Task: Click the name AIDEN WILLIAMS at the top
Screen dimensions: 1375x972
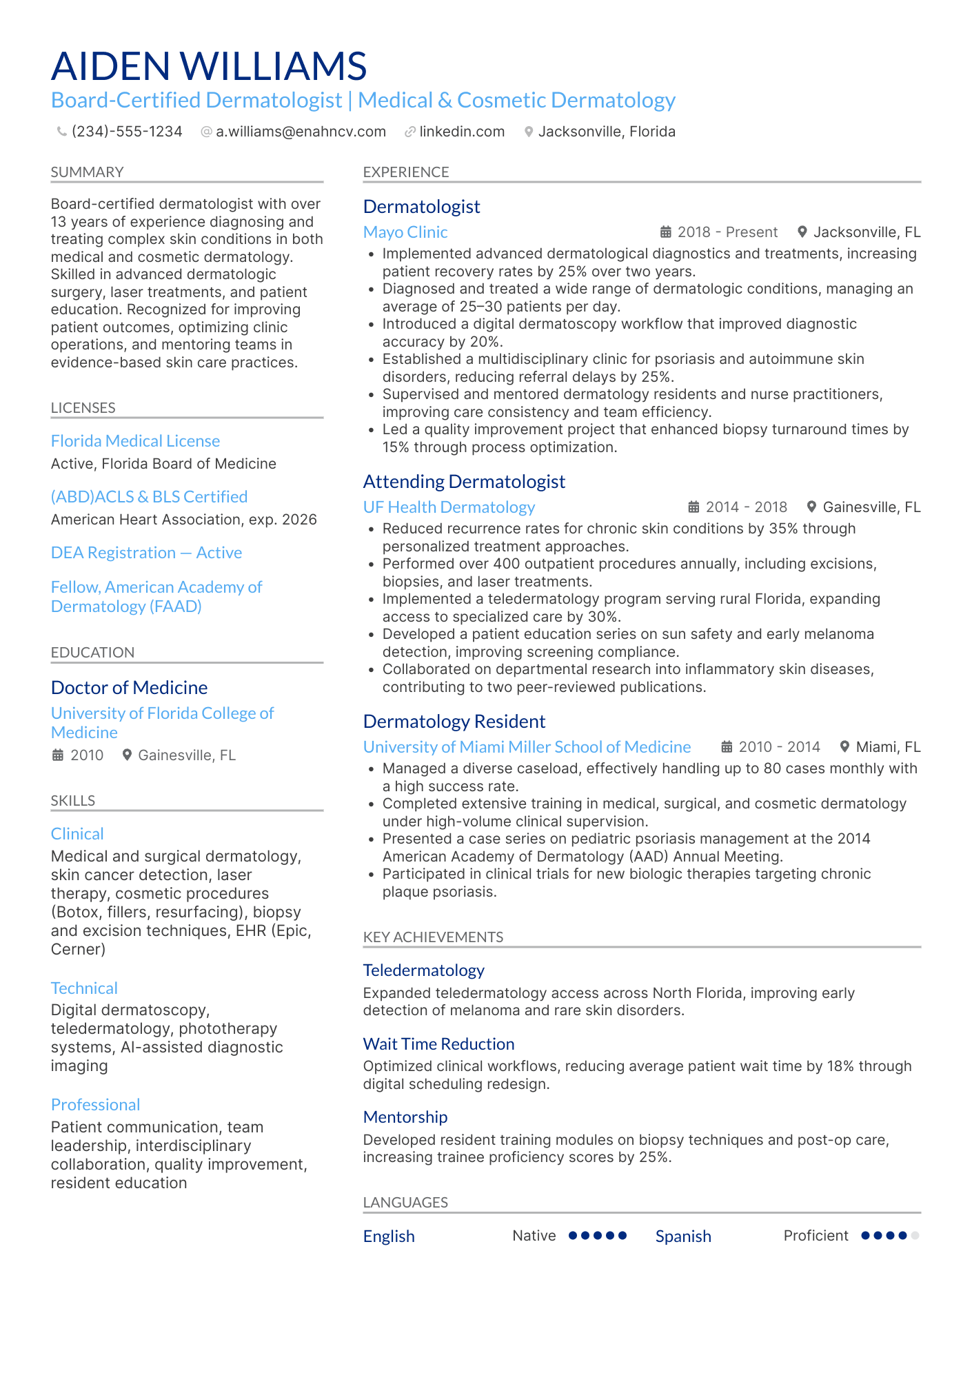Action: pyautogui.click(x=209, y=66)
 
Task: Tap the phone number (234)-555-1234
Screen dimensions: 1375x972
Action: pyautogui.click(x=127, y=132)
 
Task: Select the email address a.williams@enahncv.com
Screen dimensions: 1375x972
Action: pyautogui.click(x=301, y=132)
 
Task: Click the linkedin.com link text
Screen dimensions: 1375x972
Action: pyautogui.click(x=462, y=132)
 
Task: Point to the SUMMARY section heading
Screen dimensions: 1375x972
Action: pyautogui.click(x=87, y=172)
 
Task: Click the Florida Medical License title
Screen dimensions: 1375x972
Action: pyautogui.click(x=135, y=441)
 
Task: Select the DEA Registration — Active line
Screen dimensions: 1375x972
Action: pyautogui.click(x=146, y=553)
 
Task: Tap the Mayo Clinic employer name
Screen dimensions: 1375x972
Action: pyautogui.click(x=405, y=232)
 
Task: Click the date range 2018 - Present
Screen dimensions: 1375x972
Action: pyautogui.click(x=727, y=232)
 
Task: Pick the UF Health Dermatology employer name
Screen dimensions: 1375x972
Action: pyautogui.click(x=449, y=507)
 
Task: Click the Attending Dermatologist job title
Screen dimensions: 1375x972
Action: pyautogui.click(x=464, y=482)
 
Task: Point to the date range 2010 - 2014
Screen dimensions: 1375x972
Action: pyautogui.click(x=779, y=747)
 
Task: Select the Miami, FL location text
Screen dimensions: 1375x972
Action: pyautogui.click(x=888, y=747)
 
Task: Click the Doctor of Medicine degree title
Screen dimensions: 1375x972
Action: pyautogui.click(x=129, y=688)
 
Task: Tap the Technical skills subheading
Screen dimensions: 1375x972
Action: pyautogui.click(x=84, y=988)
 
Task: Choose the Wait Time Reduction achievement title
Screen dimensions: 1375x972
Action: pyautogui.click(x=438, y=1044)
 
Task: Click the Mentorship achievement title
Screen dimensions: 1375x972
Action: pyautogui.click(x=405, y=1117)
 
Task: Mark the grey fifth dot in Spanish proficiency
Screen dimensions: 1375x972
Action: pyautogui.click(x=915, y=1236)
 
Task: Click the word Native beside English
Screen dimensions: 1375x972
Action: pyautogui.click(x=534, y=1236)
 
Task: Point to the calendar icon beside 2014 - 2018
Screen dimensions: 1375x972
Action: pyautogui.click(x=694, y=507)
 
